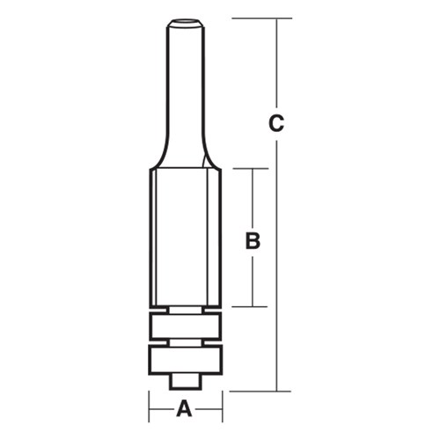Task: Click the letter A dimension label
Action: pyautogui.click(x=185, y=408)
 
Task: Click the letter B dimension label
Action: pyautogui.click(x=253, y=240)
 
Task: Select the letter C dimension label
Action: pyautogui.click(x=276, y=125)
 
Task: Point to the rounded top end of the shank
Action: pyautogui.click(x=185, y=20)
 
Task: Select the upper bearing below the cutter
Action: pyautogui.click(x=185, y=326)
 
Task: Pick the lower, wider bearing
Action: pyautogui.click(x=185, y=358)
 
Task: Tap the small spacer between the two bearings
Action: pyautogui.click(x=185, y=342)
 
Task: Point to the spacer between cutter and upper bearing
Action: pyautogui.click(x=185, y=310)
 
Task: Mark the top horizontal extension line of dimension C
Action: pyautogui.click(x=264, y=18)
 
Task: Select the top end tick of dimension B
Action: pyautogui.click(x=253, y=167)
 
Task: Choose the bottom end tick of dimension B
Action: pyautogui.click(x=253, y=306)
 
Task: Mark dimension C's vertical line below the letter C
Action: pyautogui.click(x=276, y=264)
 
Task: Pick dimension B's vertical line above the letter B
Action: pyautogui.click(x=253, y=198)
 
